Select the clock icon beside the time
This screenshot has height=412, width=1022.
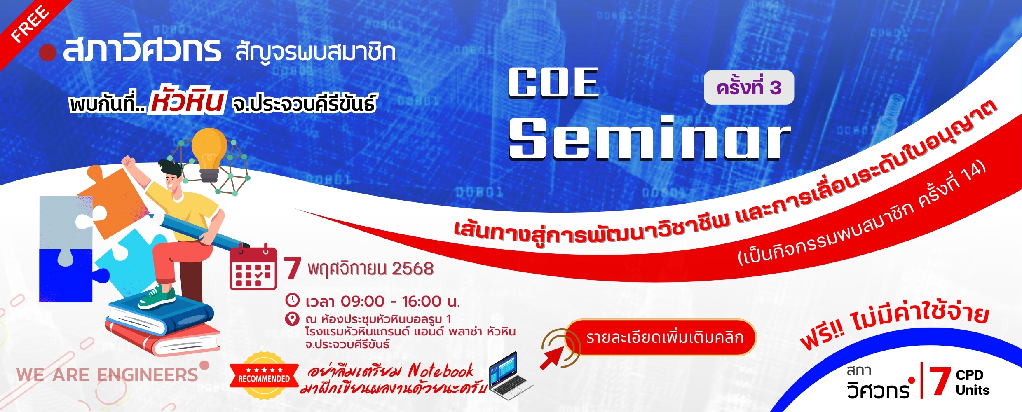[x=292, y=300]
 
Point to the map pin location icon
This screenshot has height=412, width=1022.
[x=292, y=319]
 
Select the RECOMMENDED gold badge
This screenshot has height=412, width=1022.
[x=264, y=376]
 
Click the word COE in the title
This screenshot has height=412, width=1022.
[x=553, y=83]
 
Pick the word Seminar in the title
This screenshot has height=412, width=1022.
[x=649, y=138]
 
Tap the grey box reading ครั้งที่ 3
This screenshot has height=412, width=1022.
[x=749, y=87]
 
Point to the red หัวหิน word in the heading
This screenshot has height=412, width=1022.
[x=188, y=99]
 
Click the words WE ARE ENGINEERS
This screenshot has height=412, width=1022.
[x=107, y=375]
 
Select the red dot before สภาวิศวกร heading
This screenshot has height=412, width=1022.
[x=48, y=53]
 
